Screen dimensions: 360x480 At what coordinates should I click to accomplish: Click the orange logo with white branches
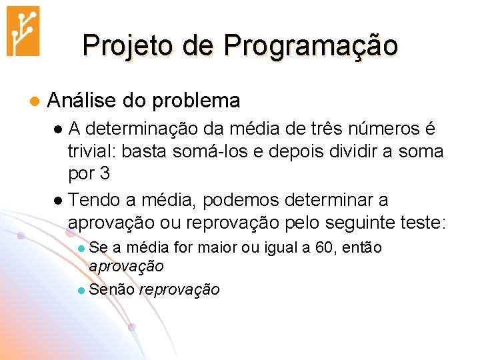tap(23, 31)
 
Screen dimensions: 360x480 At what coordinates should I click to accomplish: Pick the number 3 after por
tap(104, 173)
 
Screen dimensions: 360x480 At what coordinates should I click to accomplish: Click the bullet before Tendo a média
tap(58, 201)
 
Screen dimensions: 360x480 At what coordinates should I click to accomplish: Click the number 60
tap(324, 247)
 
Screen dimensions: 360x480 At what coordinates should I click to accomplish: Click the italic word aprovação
tap(126, 265)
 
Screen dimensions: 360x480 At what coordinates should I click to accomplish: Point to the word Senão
tap(111, 289)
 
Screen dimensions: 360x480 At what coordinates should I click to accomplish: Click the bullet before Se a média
tap(81, 248)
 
